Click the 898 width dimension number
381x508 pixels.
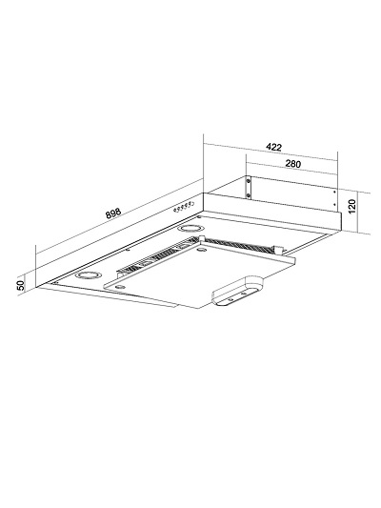(113, 213)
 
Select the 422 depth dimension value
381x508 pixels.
(274, 147)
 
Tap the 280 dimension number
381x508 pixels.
(293, 164)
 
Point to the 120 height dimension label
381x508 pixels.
(352, 206)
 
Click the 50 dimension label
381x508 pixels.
(20, 285)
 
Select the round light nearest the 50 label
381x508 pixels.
(88, 275)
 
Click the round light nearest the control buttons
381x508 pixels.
(190, 229)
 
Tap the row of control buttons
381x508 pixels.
(184, 207)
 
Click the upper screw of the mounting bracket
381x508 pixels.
(248, 180)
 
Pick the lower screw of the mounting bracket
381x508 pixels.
(248, 195)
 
